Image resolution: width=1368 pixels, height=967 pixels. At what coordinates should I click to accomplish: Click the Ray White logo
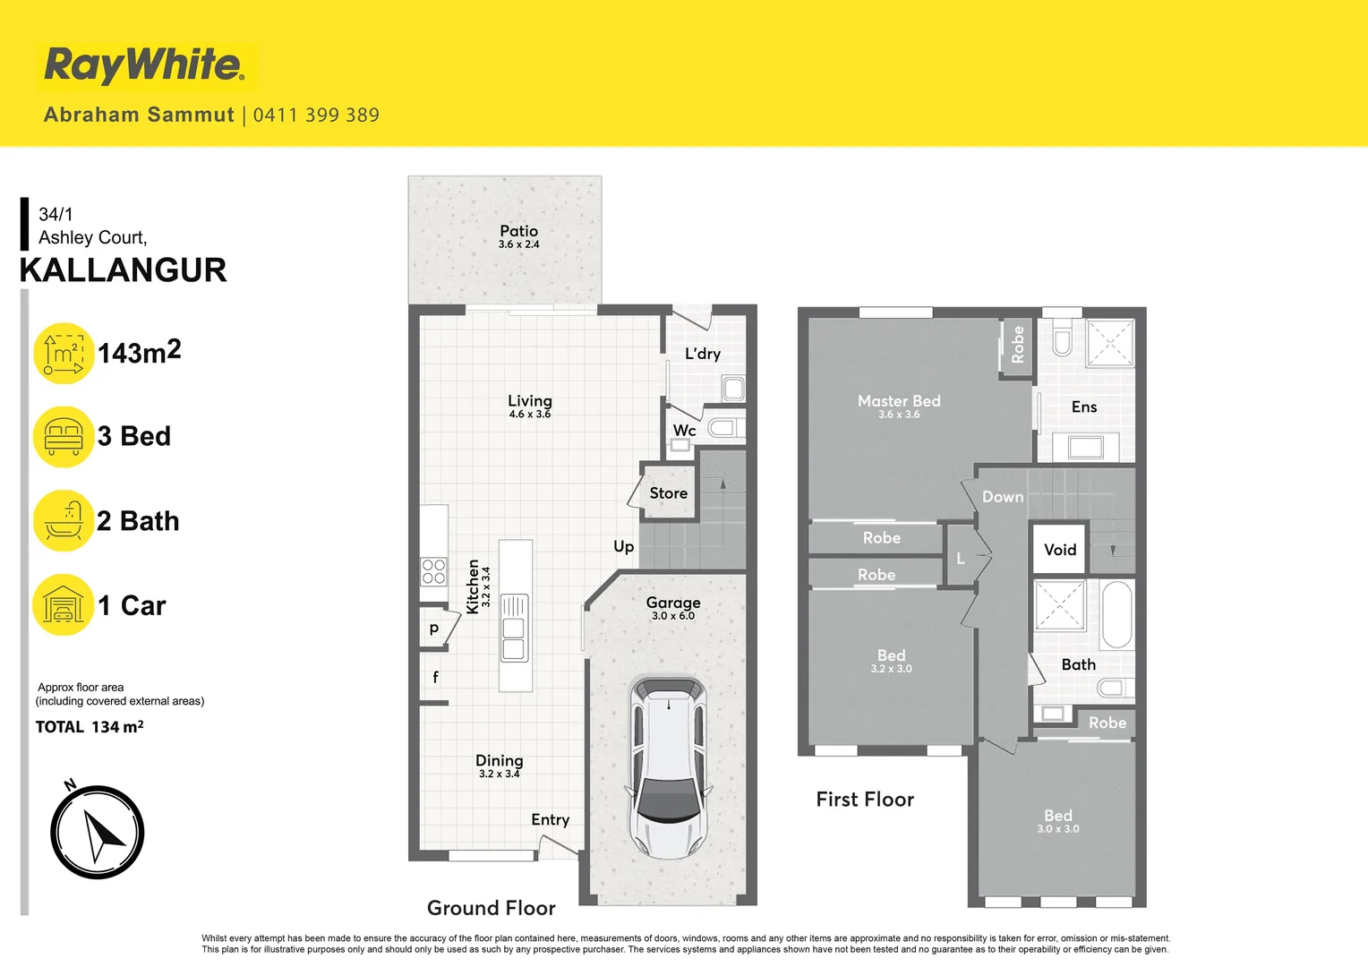[x=143, y=65]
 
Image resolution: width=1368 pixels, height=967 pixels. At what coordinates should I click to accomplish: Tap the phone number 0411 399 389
[x=316, y=115]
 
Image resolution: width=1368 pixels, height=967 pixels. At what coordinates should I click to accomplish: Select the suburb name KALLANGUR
[x=124, y=270]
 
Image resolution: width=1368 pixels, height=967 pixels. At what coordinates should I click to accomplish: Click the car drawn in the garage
[x=669, y=766]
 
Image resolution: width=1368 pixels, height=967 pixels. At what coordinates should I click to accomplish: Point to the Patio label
[x=518, y=231]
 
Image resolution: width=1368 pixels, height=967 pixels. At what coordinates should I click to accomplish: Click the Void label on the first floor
[x=1060, y=550]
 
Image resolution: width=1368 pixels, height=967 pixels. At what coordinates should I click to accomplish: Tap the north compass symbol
[x=98, y=832]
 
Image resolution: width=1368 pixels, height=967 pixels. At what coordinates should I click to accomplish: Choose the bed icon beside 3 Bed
[x=64, y=436]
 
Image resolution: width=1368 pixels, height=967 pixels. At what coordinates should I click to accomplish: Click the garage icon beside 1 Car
[x=64, y=605]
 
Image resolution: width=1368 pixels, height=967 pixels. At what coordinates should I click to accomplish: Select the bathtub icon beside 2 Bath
[x=64, y=520]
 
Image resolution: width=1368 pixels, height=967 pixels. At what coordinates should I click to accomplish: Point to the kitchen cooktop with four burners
[x=434, y=571]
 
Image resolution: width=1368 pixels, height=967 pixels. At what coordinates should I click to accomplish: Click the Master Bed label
[x=899, y=401]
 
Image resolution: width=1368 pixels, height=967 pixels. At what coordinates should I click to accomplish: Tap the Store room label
[x=669, y=493]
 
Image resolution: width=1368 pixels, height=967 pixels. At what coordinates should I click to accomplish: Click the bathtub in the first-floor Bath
[x=1116, y=614]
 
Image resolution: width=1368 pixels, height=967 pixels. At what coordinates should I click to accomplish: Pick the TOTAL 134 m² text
[x=90, y=727]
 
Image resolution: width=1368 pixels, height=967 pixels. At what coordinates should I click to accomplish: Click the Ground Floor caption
[x=491, y=908]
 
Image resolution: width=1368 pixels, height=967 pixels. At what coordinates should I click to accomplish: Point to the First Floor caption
[x=865, y=800]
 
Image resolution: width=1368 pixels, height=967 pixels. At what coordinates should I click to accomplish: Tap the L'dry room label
[x=703, y=354]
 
